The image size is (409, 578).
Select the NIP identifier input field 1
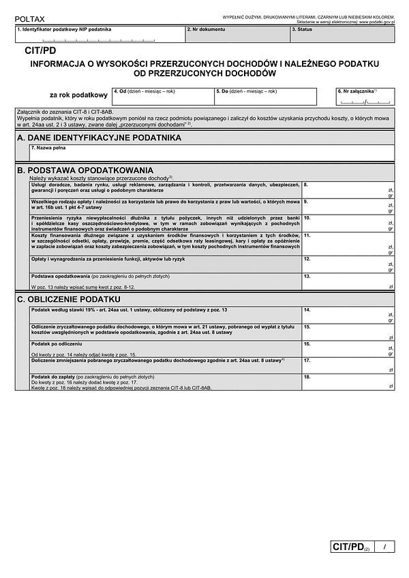[99, 35]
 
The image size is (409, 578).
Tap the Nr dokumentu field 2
[237, 35]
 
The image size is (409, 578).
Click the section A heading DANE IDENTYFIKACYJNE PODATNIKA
[99, 138]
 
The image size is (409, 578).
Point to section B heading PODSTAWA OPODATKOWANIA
[85, 170]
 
